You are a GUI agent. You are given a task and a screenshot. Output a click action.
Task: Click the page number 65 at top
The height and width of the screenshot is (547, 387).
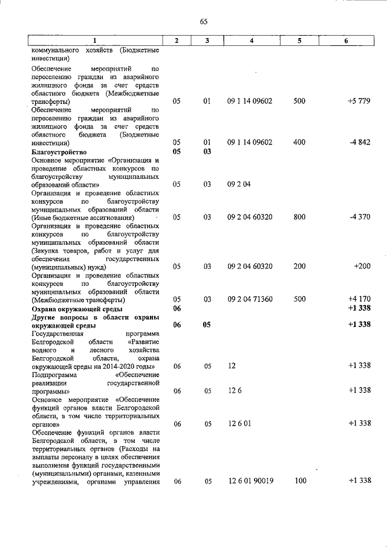pos(203,22)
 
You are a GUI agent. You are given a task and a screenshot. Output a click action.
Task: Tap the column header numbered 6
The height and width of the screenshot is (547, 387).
pos(346,40)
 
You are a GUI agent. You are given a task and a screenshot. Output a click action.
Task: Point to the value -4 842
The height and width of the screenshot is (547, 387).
pos(360,142)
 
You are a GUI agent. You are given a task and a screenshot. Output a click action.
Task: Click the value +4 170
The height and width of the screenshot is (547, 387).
pos(359,299)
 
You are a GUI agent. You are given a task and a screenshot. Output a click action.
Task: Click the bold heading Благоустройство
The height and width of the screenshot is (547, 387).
pos(59,152)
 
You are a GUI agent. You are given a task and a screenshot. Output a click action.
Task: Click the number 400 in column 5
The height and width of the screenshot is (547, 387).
pos(299,142)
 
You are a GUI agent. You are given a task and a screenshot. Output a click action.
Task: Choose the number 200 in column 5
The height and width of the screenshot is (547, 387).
pos(299,266)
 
